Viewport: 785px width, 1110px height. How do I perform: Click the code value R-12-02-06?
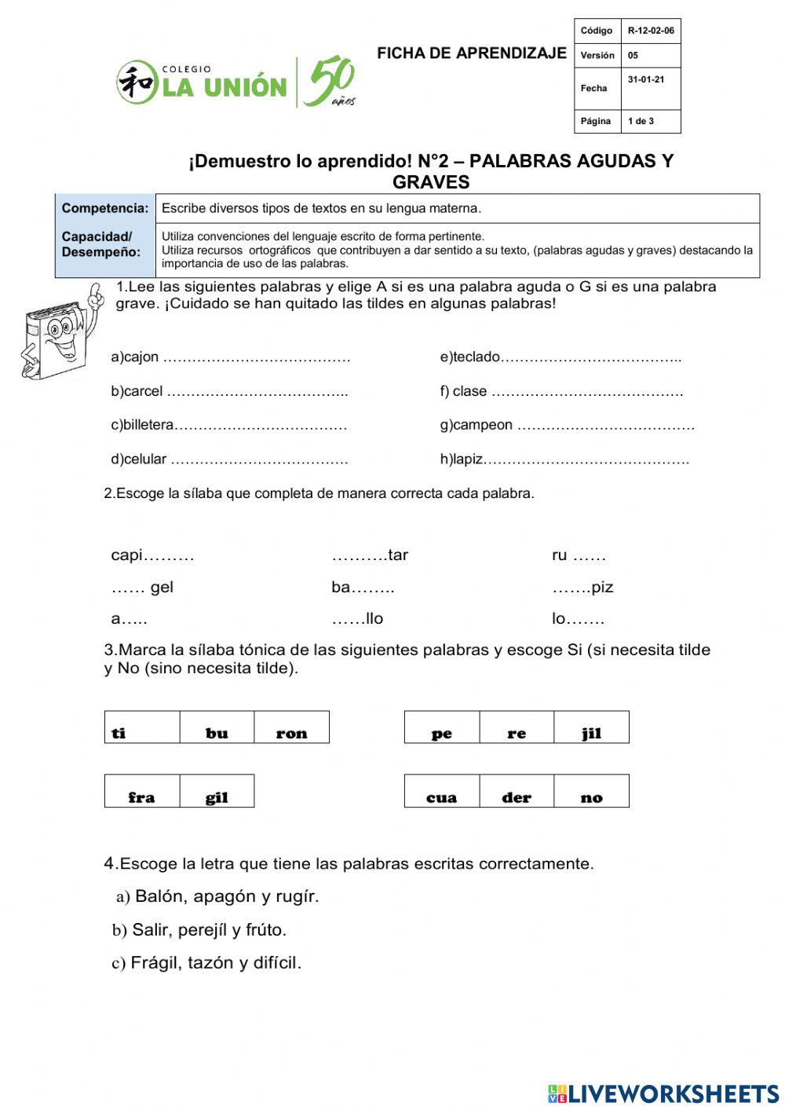651,31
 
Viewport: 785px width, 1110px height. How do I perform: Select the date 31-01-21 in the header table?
646,80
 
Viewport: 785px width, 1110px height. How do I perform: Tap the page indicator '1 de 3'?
641,122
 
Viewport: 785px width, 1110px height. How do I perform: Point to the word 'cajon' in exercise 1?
141,357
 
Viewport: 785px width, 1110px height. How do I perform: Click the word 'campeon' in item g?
483,425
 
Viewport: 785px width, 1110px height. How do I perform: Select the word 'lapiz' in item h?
468,460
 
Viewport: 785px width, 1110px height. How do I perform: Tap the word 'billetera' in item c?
149,425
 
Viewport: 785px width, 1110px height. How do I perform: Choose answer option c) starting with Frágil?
207,963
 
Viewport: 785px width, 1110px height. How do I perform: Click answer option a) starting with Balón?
218,896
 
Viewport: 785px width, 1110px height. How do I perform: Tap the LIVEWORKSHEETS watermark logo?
663,1094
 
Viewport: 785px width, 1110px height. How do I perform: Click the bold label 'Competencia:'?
105,208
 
